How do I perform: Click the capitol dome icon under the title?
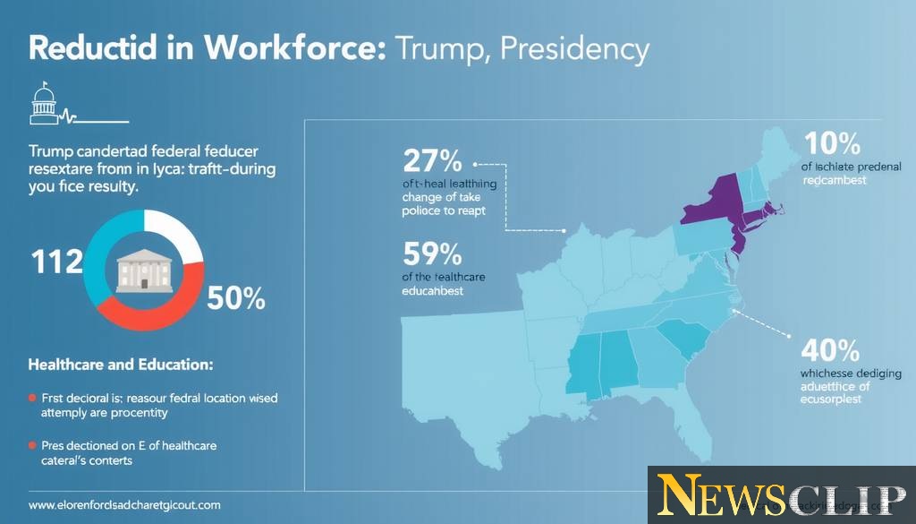click(x=43, y=105)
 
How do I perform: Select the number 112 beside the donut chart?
click(x=55, y=262)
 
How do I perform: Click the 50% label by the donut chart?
click(x=235, y=298)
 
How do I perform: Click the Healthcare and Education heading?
click(x=121, y=365)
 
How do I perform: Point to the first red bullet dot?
click(x=32, y=397)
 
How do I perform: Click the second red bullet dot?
click(x=32, y=445)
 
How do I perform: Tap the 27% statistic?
click(x=432, y=161)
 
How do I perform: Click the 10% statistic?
click(x=832, y=143)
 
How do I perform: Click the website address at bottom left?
click(x=124, y=504)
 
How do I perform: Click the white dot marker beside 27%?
click(x=476, y=165)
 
